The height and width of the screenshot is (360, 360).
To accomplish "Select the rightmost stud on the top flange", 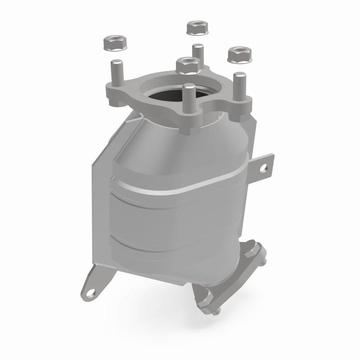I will tap(239, 84).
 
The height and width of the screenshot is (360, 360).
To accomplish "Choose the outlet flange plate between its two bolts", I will tap(229, 274).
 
